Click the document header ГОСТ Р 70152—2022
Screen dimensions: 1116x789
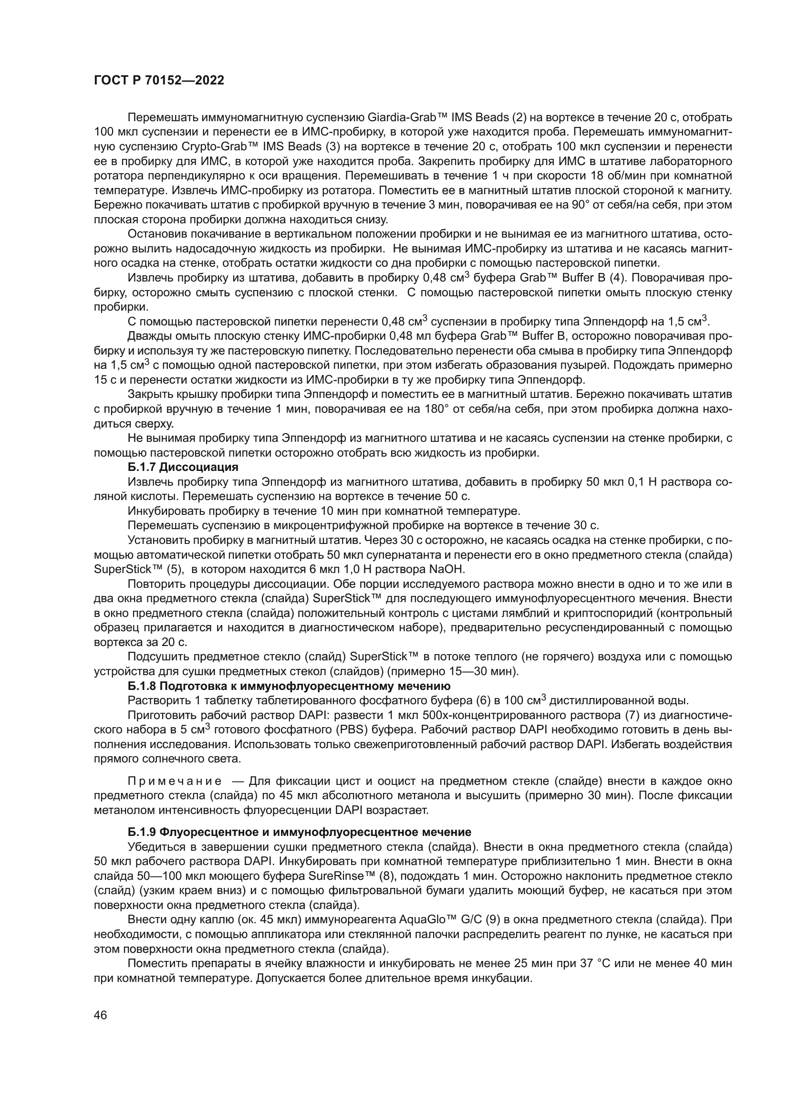click(159, 81)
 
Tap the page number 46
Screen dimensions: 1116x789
click(101, 1015)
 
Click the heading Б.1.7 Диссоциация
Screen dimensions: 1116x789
click(183, 467)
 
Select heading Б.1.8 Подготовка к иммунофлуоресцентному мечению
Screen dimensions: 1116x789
click(289, 686)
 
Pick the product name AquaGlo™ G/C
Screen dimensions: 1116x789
click(437, 919)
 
